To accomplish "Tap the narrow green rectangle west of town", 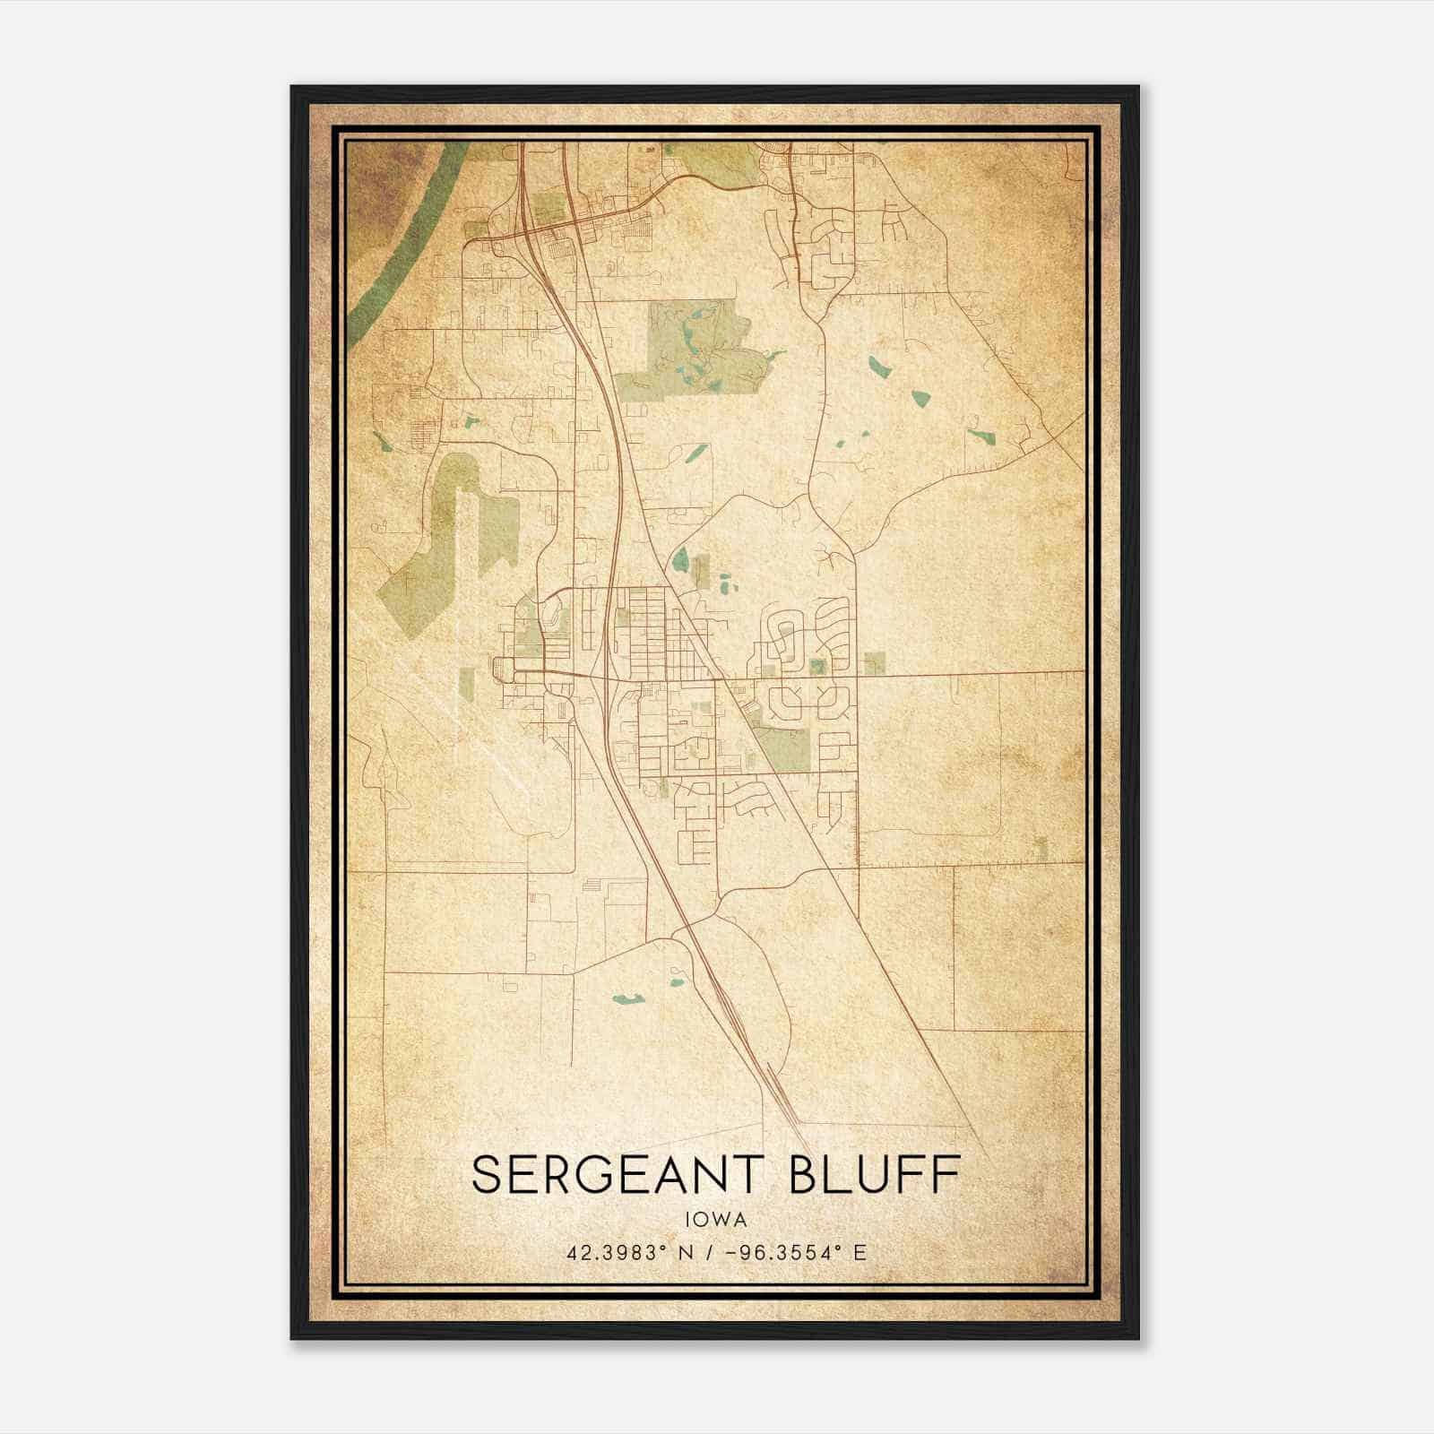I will [x=466, y=685].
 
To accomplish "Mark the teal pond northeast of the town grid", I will [x=682, y=560].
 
